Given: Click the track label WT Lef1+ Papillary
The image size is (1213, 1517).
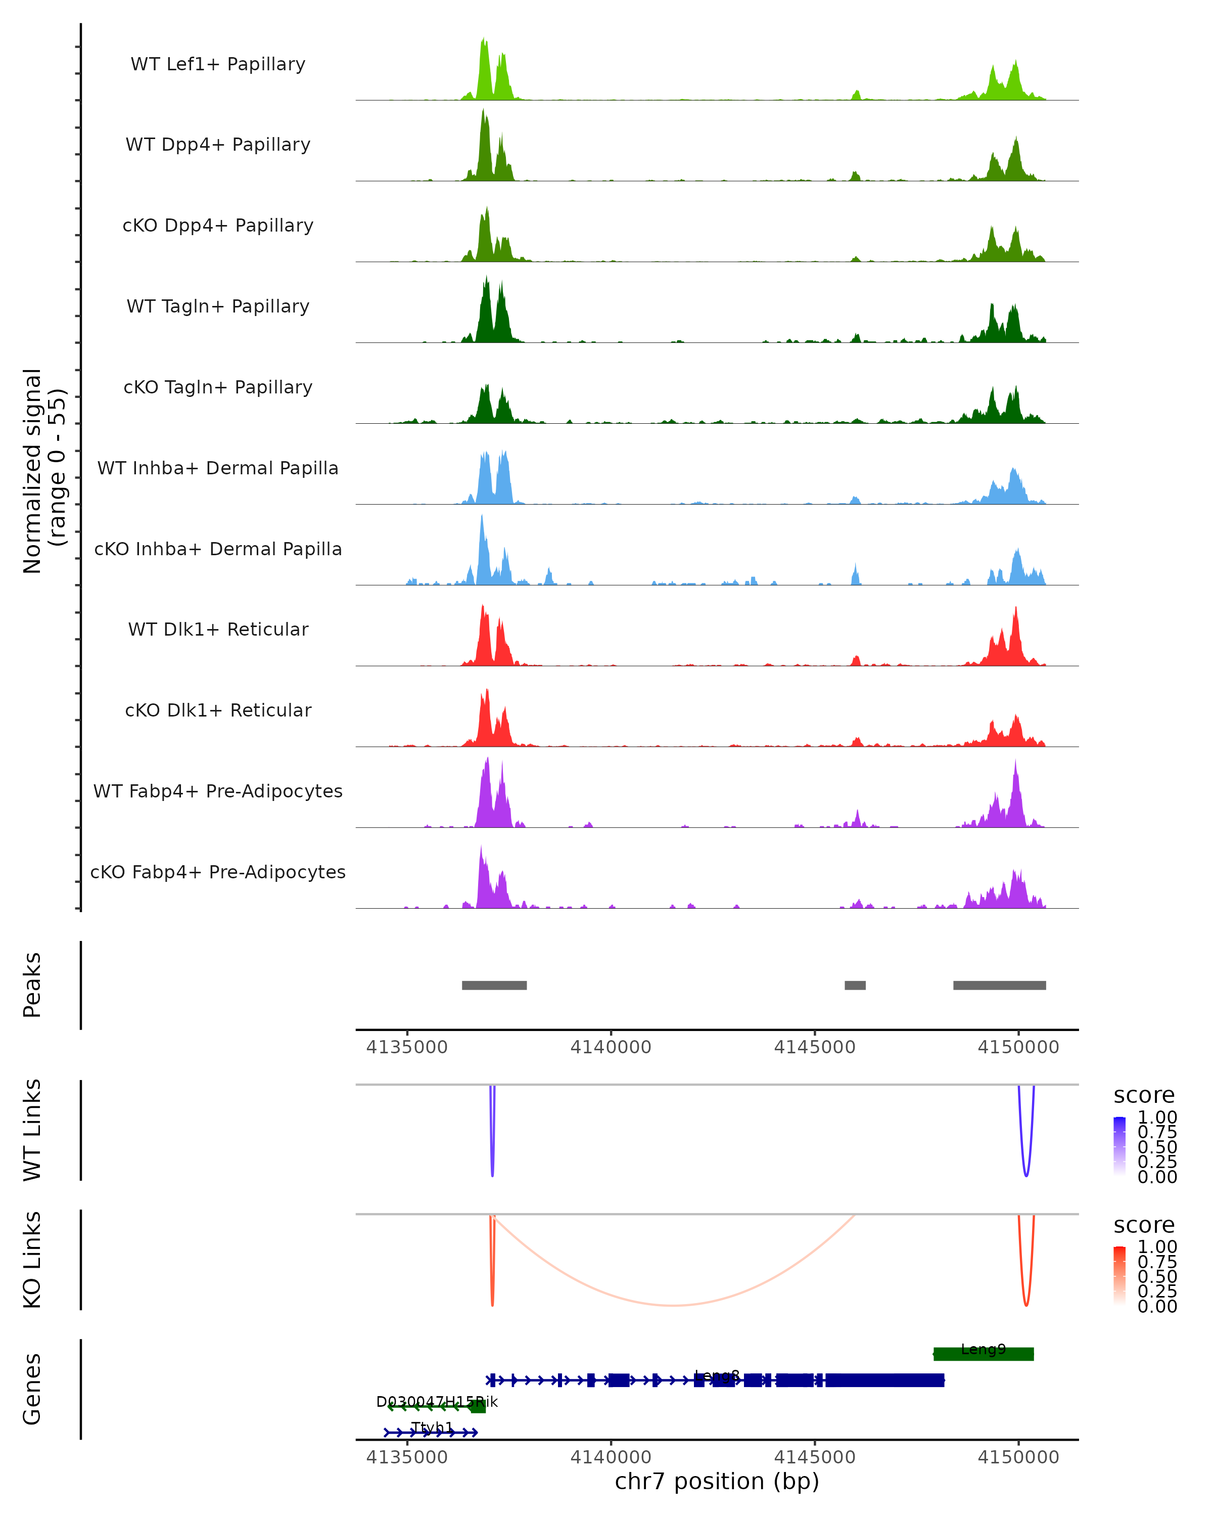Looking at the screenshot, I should pos(218,64).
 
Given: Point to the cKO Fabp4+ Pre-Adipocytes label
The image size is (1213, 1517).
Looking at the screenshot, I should pos(218,872).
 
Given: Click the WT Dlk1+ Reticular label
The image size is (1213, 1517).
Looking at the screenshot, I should pos(218,629).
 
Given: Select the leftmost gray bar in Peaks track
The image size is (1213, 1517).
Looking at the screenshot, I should pos(494,985).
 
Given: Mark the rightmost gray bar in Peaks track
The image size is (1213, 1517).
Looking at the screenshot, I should pos(999,985).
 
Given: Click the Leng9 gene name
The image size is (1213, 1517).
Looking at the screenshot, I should pos(983,1349).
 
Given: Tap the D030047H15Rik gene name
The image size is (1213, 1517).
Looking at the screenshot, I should pos(437,1402).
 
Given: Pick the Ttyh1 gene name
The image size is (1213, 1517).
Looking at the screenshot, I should pos(432,1427).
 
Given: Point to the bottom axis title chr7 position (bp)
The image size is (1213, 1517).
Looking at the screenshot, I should pos(717,1481).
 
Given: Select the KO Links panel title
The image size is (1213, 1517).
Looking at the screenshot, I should pos(32,1260).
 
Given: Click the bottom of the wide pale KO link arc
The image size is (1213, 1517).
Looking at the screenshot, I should pos(673,1305).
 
